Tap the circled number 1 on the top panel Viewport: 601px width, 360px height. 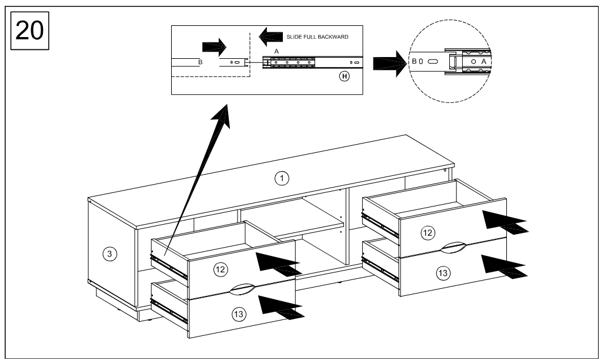tap(283, 178)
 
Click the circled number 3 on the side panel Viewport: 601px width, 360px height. tap(108, 254)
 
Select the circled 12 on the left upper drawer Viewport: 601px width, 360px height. tap(221, 269)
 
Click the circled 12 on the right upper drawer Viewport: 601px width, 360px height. tap(428, 233)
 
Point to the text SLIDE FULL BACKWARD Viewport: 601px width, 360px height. tap(318, 37)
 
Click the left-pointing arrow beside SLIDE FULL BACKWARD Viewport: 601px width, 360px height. tap(269, 37)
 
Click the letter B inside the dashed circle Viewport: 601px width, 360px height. tap(414, 61)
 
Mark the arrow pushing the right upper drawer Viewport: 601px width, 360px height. tap(503, 221)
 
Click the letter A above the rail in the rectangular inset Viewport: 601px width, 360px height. tap(276, 52)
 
